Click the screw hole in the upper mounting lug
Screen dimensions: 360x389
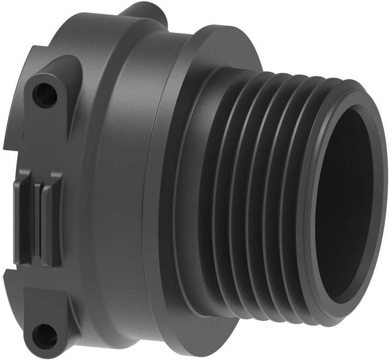point(45,93)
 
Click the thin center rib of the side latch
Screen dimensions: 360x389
point(37,218)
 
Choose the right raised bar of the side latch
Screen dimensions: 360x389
point(51,221)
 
